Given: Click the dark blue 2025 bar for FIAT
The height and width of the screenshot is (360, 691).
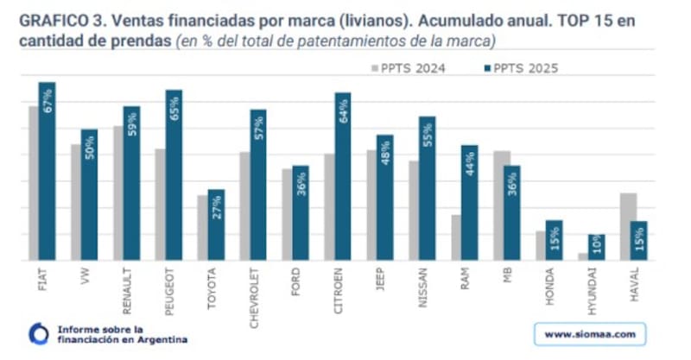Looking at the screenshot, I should point(47,172).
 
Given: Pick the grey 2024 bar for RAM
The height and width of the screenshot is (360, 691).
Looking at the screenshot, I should point(455,237).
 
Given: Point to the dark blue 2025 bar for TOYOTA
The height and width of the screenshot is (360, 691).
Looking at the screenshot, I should point(216,225).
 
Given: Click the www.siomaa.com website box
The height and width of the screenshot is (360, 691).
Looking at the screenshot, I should point(591,333).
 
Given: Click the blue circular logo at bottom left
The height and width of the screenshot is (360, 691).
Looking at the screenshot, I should point(39,333).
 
